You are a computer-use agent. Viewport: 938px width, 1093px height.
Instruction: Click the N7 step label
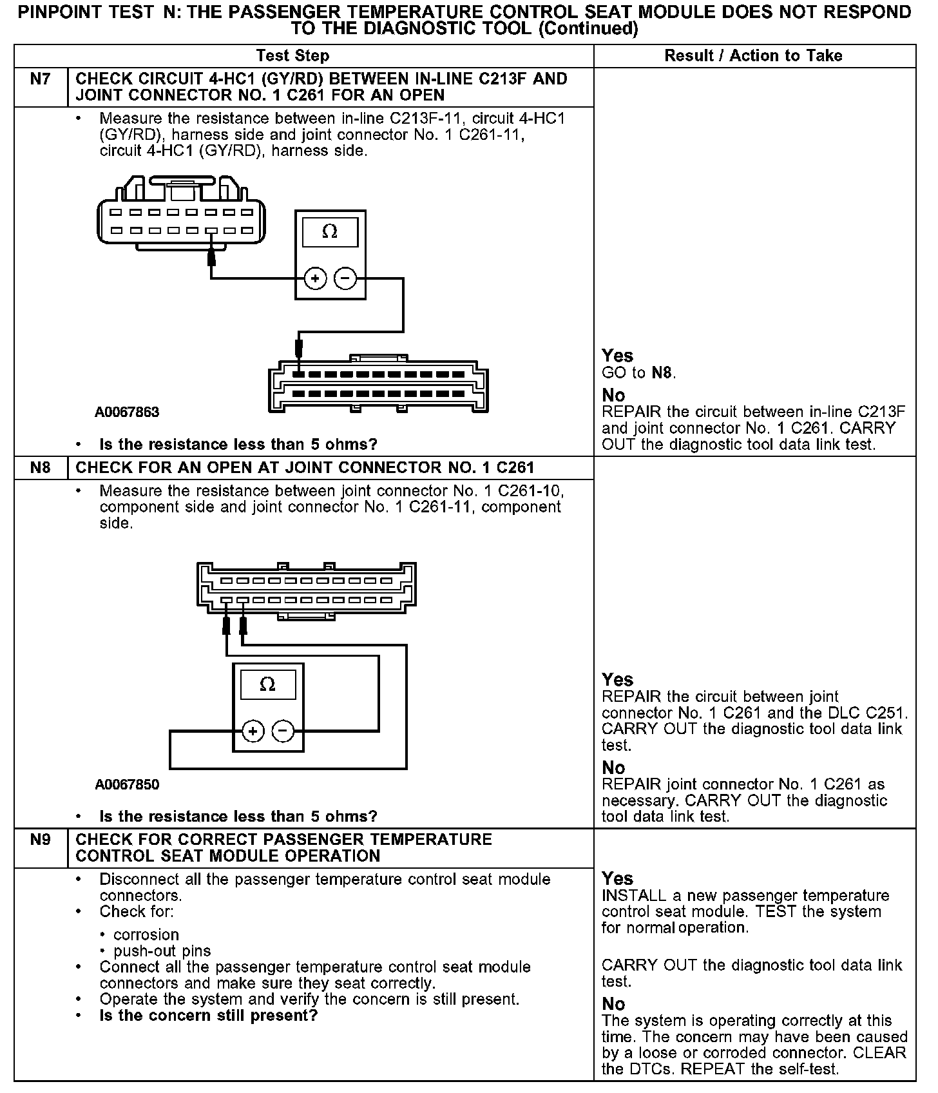(x=40, y=79)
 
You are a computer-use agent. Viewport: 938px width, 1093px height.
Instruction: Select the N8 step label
(x=40, y=467)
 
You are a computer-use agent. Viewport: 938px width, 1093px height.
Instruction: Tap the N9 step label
(x=40, y=840)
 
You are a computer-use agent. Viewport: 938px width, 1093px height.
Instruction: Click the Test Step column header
(x=292, y=55)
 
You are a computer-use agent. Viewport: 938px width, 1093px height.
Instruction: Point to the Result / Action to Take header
(x=753, y=55)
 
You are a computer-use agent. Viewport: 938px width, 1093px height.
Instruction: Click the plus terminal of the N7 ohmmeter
(x=315, y=278)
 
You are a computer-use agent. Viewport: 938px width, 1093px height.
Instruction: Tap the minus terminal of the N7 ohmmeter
(x=346, y=278)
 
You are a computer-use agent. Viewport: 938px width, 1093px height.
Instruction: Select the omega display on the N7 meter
(x=330, y=232)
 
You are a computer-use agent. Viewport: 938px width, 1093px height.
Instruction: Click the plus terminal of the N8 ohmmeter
(x=253, y=731)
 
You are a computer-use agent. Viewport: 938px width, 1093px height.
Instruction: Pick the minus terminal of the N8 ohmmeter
(x=283, y=731)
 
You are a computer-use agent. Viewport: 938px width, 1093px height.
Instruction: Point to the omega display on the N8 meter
(x=268, y=684)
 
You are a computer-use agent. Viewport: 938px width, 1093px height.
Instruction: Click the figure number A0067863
(x=127, y=412)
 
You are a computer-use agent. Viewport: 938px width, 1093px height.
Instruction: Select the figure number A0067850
(x=127, y=784)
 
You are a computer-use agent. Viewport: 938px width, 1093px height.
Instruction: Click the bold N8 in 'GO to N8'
(x=663, y=372)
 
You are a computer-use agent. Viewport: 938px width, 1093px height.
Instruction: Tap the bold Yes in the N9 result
(x=617, y=878)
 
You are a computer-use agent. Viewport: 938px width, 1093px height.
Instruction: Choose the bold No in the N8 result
(x=613, y=768)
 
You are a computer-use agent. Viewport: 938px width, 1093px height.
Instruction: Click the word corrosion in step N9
(x=146, y=934)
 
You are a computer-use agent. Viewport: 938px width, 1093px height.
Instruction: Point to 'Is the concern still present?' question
(x=208, y=1016)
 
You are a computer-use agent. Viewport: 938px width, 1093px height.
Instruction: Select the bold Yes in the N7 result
(x=617, y=356)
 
